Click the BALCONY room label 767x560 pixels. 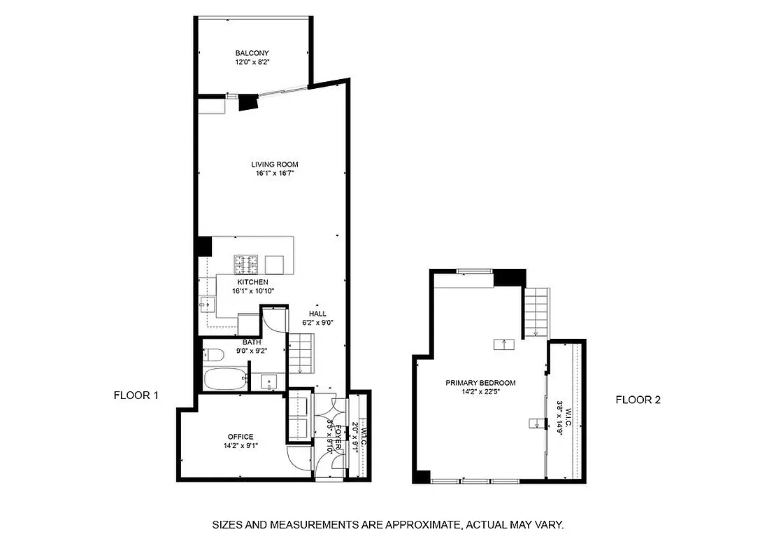click(252, 53)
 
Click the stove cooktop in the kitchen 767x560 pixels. click(245, 264)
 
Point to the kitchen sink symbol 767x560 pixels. click(207, 304)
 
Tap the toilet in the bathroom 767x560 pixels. click(212, 355)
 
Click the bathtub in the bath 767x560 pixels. click(224, 380)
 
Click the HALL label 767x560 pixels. click(317, 314)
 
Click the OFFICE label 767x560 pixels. click(241, 437)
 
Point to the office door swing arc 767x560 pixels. click(299, 458)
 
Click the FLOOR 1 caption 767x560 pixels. click(136, 395)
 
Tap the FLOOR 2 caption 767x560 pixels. click(638, 400)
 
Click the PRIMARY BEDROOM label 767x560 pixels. click(480, 383)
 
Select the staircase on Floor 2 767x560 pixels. click(537, 312)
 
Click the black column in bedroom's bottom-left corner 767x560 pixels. click(422, 477)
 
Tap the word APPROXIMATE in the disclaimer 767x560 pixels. click(411, 524)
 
